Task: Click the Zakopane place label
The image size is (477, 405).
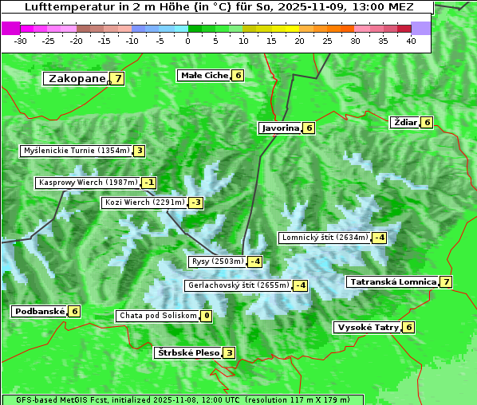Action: pyautogui.click(x=77, y=78)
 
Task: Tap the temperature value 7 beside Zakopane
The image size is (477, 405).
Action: pyautogui.click(x=118, y=78)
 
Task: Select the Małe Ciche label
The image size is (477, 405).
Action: pyautogui.click(x=204, y=75)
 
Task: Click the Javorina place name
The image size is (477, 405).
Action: pyautogui.click(x=280, y=128)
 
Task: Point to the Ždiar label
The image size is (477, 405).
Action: pyautogui.click(x=404, y=122)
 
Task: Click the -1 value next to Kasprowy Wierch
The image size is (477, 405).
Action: pyautogui.click(x=149, y=183)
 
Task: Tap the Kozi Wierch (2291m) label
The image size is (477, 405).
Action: pyautogui.click(x=144, y=202)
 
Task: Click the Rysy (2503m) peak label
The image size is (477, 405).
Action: pyautogui.click(x=217, y=261)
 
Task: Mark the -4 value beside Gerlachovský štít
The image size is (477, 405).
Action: pyautogui.click(x=301, y=285)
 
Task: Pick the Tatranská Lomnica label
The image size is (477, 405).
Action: pyautogui.click(x=392, y=281)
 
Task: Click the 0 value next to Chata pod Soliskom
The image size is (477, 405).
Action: pyautogui.click(x=207, y=316)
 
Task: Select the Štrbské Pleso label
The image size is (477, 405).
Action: pyautogui.click(x=187, y=352)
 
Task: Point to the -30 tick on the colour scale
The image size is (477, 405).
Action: pyautogui.click(x=22, y=41)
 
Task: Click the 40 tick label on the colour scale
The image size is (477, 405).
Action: pyautogui.click(x=411, y=41)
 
